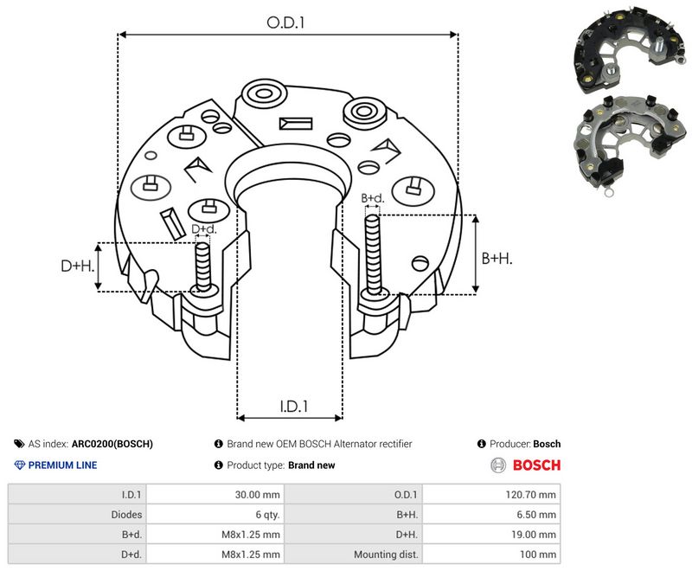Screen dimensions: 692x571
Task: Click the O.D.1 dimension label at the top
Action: pyautogui.click(x=285, y=22)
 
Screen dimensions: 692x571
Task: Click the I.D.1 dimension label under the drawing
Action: pyautogui.click(x=293, y=406)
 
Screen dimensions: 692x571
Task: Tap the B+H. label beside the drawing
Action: pyautogui.click(x=497, y=258)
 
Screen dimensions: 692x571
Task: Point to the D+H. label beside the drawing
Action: pyautogui.click(x=78, y=266)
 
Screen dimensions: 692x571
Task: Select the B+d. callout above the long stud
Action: pyautogui.click(x=373, y=198)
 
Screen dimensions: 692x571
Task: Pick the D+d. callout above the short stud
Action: pyautogui.click(x=204, y=229)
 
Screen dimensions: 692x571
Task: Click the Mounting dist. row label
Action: pyautogui.click(x=386, y=555)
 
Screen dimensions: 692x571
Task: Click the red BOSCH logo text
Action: pyautogui.click(x=536, y=465)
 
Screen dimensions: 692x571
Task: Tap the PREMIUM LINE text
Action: pyautogui.click(x=62, y=465)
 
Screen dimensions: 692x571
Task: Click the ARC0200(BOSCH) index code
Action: pyautogui.click(x=112, y=444)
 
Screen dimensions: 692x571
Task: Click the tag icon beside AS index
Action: pyautogui.click(x=19, y=444)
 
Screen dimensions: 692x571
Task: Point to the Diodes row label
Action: pyautogui.click(x=126, y=515)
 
